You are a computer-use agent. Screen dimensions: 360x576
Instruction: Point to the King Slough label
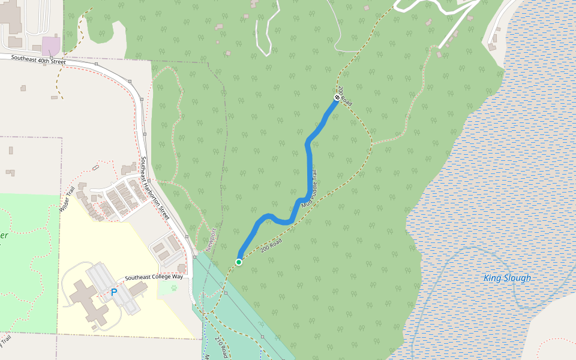click(507, 278)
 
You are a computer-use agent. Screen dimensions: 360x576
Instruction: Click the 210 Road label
click(221, 349)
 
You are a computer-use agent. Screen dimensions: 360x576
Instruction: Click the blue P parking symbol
click(113, 293)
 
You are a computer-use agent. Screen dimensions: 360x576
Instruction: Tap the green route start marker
click(239, 262)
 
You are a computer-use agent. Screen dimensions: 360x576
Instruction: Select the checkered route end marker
click(337, 97)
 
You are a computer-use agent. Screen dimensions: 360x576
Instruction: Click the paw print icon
click(173, 287)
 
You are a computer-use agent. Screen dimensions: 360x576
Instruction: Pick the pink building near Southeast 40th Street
click(50, 46)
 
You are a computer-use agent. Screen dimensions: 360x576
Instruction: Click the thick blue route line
click(310, 168)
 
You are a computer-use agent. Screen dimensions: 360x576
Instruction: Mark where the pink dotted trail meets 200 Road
click(372, 143)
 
